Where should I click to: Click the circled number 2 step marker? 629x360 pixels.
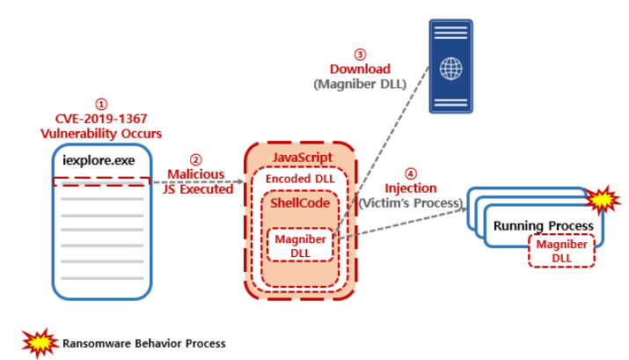click(196, 158)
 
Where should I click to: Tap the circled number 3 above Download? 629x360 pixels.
click(359, 54)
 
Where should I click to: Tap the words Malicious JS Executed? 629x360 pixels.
click(197, 180)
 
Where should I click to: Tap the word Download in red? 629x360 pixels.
click(360, 69)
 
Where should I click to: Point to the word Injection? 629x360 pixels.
click(411, 188)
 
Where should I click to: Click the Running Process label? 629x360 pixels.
click(543, 225)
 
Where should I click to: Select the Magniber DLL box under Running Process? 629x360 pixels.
click(561, 251)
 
